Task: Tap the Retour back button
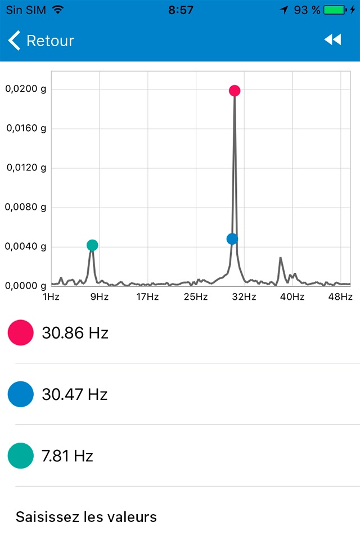pos(41,40)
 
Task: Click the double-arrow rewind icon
pos(332,39)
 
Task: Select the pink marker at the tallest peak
pos(235,91)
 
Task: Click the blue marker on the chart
pos(232,239)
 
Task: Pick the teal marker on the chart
pos(92,245)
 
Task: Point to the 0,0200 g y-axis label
pos(26,89)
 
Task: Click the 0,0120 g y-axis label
pos(26,168)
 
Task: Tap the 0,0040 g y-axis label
pos(26,246)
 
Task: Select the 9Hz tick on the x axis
pos(99,297)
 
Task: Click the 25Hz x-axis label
pos(196,297)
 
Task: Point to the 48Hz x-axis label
pos(340,297)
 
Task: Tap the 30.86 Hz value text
pos(75,333)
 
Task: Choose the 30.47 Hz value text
pos(74,394)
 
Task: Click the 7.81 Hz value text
pos(67,456)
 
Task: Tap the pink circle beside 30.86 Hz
pos(21,332)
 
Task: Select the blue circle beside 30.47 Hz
pos(21,394)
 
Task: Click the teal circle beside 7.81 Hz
pos(21,455)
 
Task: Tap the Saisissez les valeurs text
pos(86,516)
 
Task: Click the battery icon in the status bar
pos(334,10)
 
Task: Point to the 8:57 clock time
pos(181,10)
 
